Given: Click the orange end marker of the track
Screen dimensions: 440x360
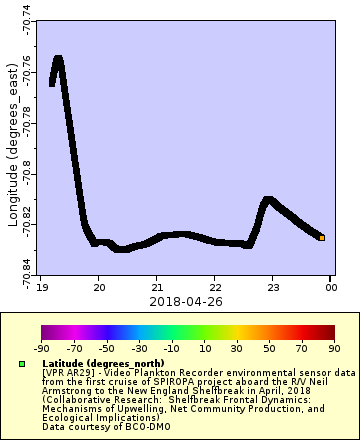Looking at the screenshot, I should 322,238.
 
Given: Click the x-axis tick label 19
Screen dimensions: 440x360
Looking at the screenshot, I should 41,287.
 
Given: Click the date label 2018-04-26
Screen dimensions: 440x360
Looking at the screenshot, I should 185,300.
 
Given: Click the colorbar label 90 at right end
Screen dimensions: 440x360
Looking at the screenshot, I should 334,349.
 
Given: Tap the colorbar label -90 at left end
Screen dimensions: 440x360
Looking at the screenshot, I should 42,349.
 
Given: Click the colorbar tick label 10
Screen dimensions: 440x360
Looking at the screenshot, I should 204,349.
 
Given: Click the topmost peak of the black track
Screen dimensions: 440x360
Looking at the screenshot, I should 58,60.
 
